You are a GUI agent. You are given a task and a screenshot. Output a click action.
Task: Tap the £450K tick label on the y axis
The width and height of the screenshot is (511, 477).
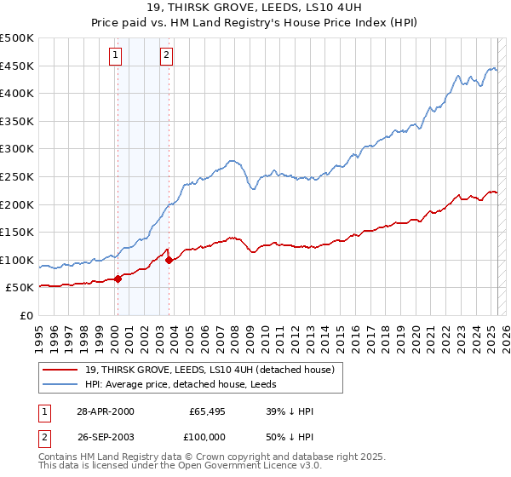[17, 66]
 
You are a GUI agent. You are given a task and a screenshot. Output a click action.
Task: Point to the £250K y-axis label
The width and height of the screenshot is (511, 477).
[17, 177]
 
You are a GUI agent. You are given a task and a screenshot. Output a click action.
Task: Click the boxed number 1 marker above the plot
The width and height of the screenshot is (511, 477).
[115, 56]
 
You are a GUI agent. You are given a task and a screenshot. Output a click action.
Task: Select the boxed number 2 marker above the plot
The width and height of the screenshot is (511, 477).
[166, 56]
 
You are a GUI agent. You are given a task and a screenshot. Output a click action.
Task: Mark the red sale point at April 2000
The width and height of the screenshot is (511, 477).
[118, 279]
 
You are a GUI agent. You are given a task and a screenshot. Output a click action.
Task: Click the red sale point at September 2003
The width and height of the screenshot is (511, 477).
[169, 260]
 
